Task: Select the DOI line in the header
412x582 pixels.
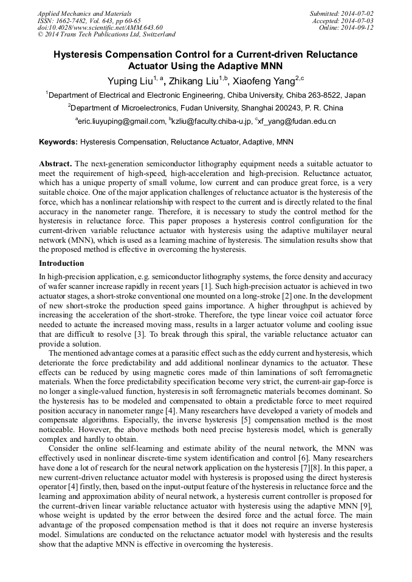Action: tap(100, 27)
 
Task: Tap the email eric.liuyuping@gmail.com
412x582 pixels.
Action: tap(122, 121)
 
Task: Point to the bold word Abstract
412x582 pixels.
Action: tap(55, 164)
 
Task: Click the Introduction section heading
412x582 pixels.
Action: tap(61, 263)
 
